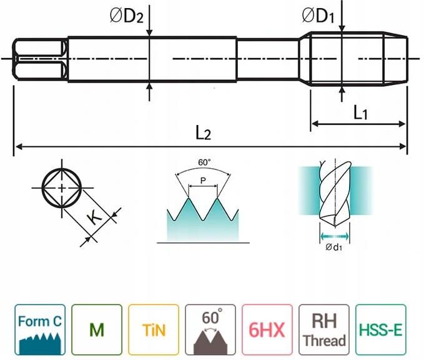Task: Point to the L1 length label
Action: [360, 113]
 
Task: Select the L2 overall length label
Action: [204, 132]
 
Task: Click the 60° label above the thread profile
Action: [204, 162]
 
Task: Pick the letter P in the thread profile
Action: [202, 181]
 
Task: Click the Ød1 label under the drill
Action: [333, 247]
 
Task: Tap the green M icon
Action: [96, 329]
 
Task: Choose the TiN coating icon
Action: [154, 329]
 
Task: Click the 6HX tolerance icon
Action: [267, 329]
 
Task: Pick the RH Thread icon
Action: [324, 329]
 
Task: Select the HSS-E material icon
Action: [381, 329]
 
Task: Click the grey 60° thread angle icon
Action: [210, 329]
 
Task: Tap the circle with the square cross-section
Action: [61, 188]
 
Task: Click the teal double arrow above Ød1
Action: [333, 236]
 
